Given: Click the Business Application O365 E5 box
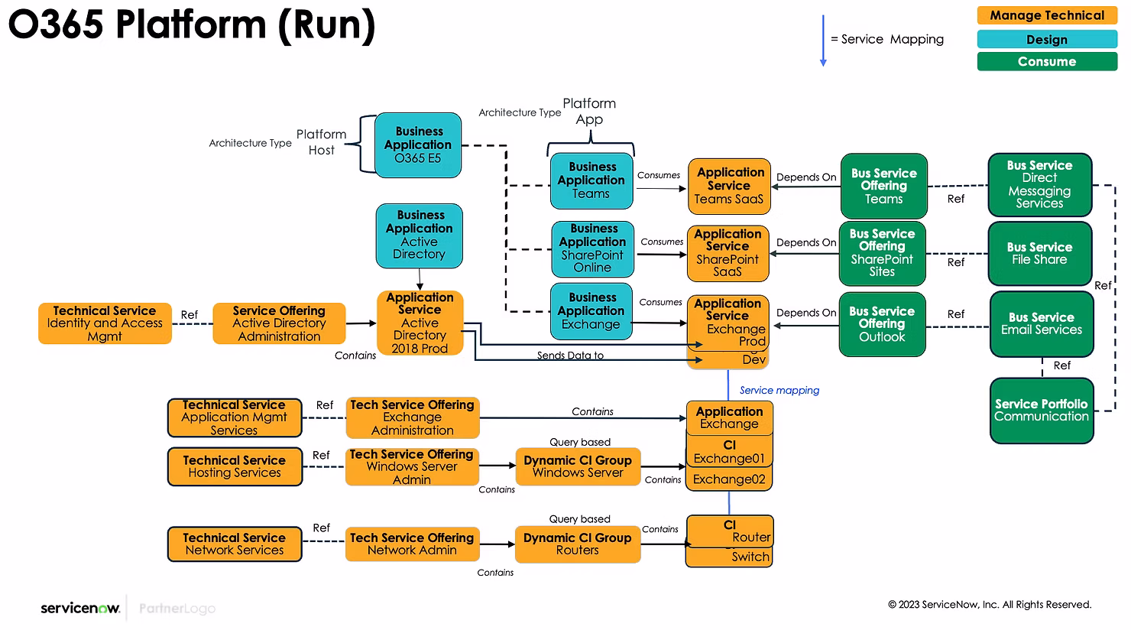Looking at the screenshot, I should (418, 145).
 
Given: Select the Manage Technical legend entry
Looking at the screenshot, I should (1047, 15).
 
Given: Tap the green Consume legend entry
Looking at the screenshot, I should (1047, 61).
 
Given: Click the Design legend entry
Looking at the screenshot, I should (1047, 39).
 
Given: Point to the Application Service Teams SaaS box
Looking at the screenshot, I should (729, 186).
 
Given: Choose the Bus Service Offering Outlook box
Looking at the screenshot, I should (882, 324).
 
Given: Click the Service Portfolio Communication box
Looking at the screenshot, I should (1041, 411).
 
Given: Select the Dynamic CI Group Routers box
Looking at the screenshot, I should (577, 544).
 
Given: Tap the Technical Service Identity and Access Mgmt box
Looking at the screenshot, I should (105, 323).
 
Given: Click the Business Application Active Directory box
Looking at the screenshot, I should (419, 235).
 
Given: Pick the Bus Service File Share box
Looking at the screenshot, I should (1039, 253).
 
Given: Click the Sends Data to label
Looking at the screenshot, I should (570, 356).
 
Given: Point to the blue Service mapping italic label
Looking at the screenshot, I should (779, 390).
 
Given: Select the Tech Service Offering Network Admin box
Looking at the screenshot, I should (412, 544).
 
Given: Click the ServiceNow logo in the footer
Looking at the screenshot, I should (80, 609).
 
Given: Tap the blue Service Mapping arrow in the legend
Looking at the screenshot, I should (823, 41).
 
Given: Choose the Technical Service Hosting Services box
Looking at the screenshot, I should (235, 466).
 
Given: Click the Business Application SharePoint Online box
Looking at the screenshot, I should (593, 248).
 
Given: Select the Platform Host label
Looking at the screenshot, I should (321, 142).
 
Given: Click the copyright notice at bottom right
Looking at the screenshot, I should (989, 605).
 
